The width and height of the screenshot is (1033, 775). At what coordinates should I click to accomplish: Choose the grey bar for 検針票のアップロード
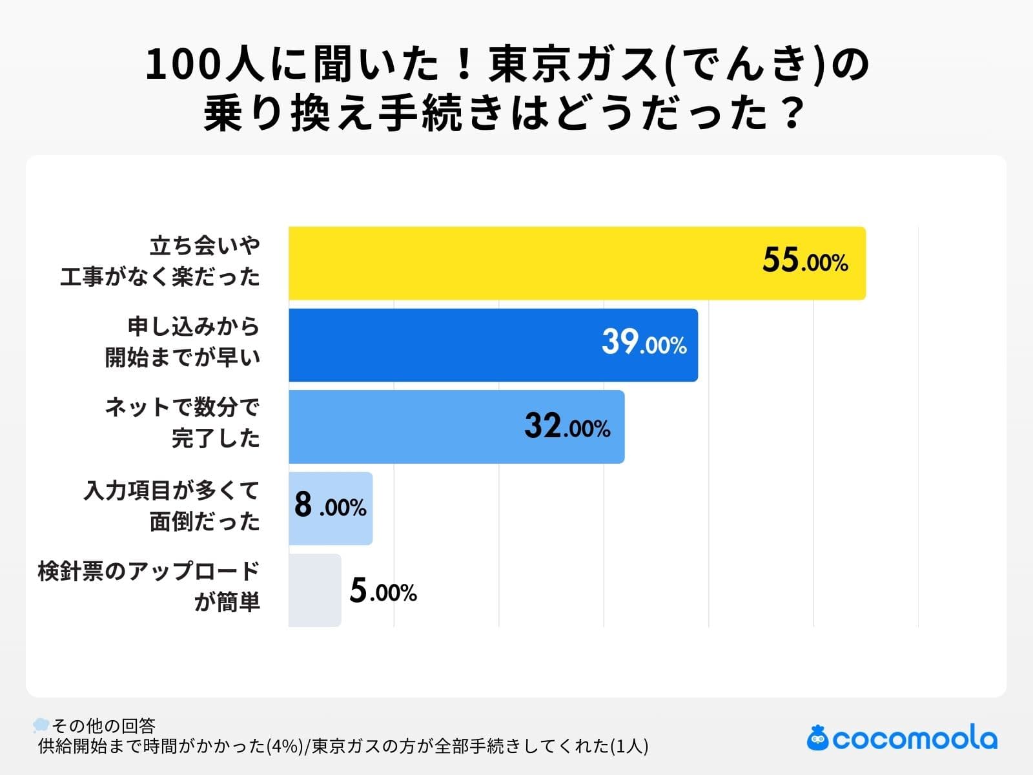[314, 590]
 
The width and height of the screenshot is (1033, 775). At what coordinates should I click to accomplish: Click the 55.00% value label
[804, 261]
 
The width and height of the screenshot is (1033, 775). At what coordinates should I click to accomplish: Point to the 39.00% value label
[644, 343]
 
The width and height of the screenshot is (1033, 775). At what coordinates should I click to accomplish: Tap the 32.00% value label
[567, 426]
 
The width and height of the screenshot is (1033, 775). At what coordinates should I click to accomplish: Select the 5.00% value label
[383, 591]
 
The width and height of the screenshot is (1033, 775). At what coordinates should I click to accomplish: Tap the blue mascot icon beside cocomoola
[817, 738]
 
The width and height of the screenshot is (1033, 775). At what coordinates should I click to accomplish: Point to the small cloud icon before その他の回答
[41, 724]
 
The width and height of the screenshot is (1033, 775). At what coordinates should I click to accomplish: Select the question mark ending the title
[792, 114]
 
